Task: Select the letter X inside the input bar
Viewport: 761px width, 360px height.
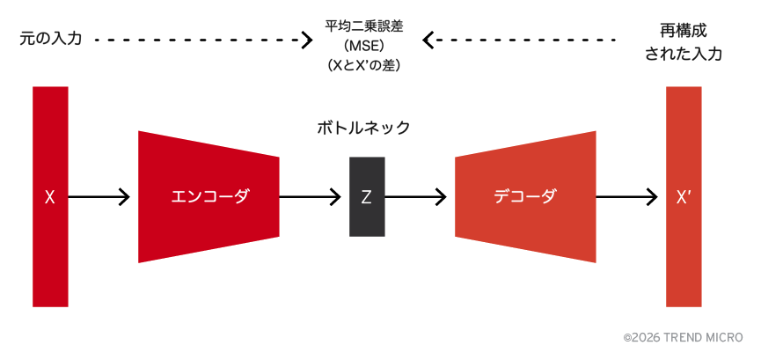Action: pyautogui.click(x=50, y=197)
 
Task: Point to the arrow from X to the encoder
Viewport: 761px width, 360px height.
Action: pyautogui.click(x=99, y=197)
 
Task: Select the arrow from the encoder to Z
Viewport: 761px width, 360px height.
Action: pyautogui.click(x=310, y=197)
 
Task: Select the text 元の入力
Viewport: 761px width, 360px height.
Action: pyautogui.click(x=50, y=40)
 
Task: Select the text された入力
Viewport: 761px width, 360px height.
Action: pyautogui.click(x=684, y=54)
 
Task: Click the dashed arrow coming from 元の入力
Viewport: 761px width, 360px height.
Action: pyautogui.click(x=202, y=40)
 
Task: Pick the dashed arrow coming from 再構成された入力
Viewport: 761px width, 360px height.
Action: pyautogui.click(x=519, y=40)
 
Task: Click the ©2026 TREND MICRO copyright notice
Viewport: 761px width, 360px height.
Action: pyautogui.click(x=683, y=337)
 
